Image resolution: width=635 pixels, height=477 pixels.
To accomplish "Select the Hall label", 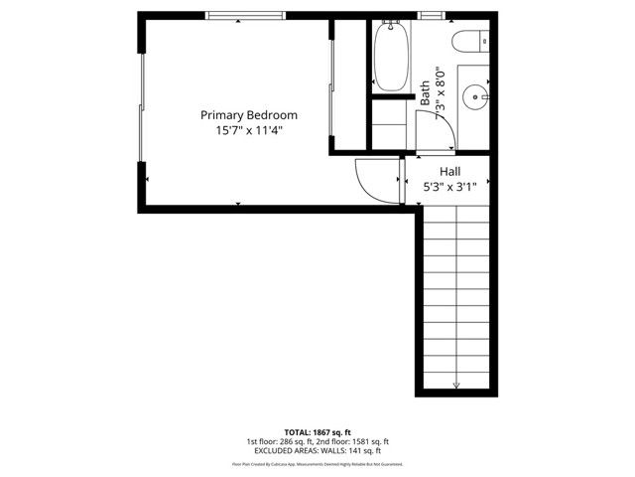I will click(451, 171).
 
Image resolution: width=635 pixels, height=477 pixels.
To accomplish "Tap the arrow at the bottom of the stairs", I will click(456, 385).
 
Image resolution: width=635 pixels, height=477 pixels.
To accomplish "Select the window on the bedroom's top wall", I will click(237, 16).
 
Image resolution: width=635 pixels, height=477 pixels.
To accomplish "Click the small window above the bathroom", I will click(432, 16).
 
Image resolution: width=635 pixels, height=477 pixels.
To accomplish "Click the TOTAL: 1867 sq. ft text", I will click(317, 433).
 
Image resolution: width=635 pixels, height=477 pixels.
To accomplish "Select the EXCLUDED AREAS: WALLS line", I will click(317, 450).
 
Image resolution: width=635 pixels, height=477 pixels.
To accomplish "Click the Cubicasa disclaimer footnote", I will click(317, 464).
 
